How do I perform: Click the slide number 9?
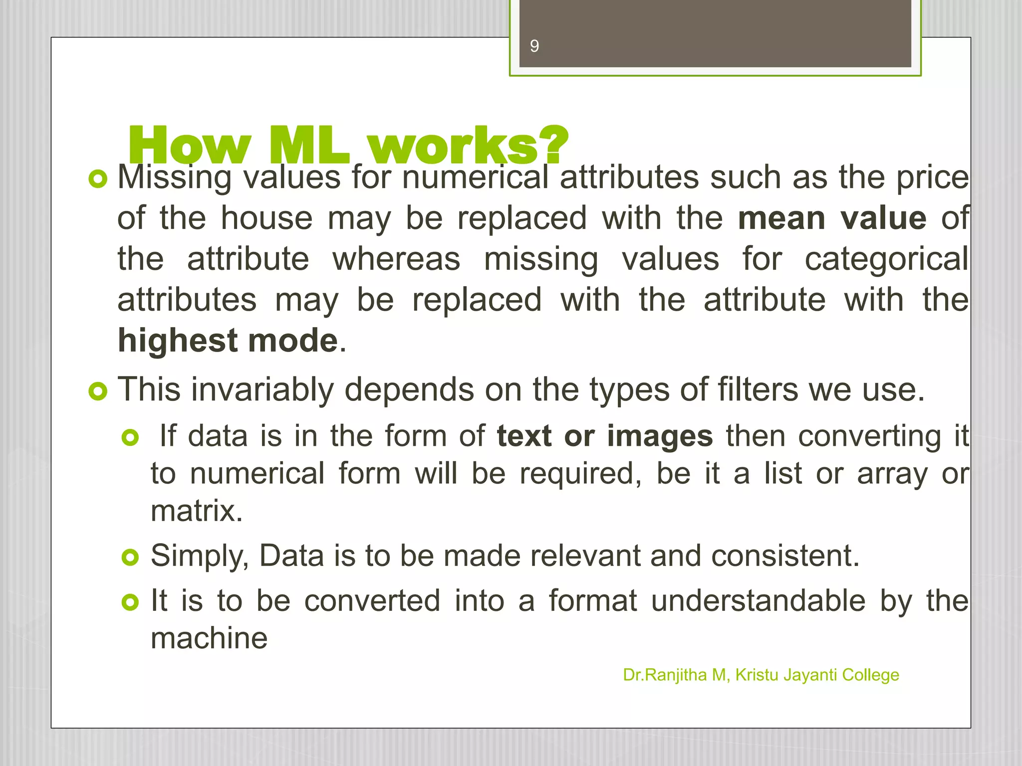click(x=534, y=46)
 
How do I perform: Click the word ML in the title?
click(x=309, y=146)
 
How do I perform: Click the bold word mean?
click(x=781, y=219)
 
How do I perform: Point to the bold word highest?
click(x=178, y=341)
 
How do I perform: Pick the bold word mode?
click(x=293, y=341)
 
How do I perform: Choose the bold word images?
click(x=660, y=436)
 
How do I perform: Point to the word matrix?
click(x=196, y=511)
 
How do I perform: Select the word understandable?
click(x=758, y=600)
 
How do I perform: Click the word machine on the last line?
click(x=209, y=638)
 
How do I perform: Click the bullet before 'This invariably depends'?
click(x=98, y=391)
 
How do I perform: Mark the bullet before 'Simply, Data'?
click(x=130, y=558)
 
